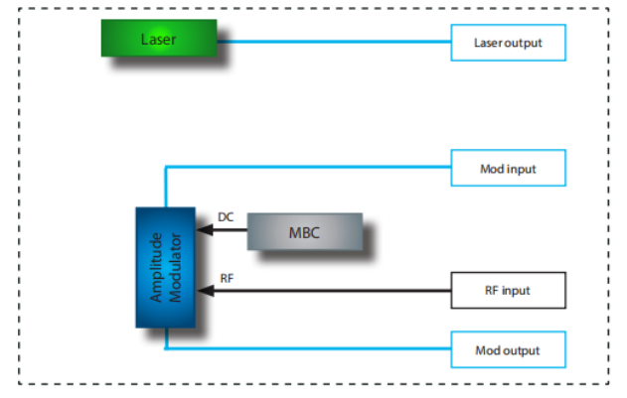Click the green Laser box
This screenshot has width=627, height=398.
click(x=159, y=39)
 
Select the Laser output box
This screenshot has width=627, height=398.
click(x=509, y=43)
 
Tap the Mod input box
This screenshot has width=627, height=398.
click(x=509, y=168)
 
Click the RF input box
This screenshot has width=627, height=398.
click(x=509, y=291)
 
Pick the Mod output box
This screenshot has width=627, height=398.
click(x=509, y=350)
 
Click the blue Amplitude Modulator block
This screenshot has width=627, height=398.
click(x=166, y=267)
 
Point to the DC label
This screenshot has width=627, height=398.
click(x=226, y=217)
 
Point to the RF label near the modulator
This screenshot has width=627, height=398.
click(x=226, y=278)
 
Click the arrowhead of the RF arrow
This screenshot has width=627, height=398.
click(x=204, y=291)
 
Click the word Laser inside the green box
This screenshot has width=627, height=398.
click(x=158, y=39)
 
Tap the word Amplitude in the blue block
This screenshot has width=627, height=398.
click(x=156, y=267)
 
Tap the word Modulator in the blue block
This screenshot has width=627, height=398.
click(x=175, y=267)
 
